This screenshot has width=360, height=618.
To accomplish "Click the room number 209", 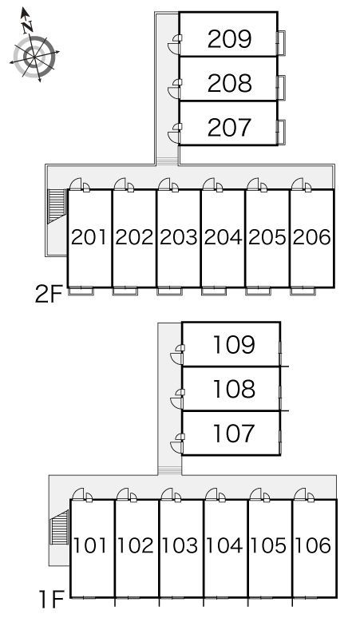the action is [229, 38].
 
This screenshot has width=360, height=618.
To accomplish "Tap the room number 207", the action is [229, 127].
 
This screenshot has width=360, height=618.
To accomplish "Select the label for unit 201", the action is [89, 237].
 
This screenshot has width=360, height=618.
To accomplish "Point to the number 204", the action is [223, 237].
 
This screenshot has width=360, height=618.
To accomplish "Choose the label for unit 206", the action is [312, 237].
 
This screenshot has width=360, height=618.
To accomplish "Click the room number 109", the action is [234, 344].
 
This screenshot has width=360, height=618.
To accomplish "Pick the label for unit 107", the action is [234, 433].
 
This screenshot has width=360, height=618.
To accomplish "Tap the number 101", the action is [91, 546].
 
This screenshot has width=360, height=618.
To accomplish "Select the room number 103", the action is [180, 546].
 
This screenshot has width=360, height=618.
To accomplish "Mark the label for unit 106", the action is [314, 546].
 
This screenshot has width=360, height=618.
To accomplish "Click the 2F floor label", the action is [49, 295].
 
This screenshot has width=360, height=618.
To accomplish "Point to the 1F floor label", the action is [52, 600].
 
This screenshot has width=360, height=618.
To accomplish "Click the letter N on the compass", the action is [27, 27].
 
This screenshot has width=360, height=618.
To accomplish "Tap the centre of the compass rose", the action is [34, 56].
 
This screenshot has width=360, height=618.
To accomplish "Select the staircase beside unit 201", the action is [56, 207].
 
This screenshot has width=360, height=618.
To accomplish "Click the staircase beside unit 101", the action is [60, 527].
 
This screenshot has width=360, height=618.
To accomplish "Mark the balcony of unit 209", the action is [281, 42].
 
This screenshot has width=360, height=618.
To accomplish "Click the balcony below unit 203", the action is [169, 291].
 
